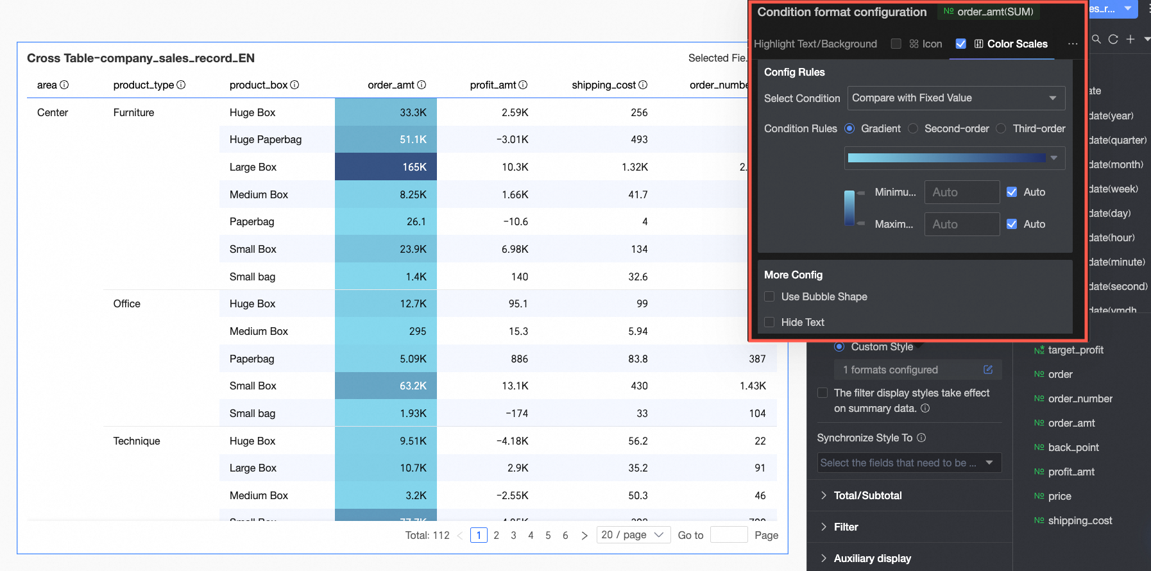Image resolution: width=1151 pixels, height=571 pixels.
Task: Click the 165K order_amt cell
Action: point(386,167)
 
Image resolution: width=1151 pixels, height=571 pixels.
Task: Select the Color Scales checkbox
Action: point(960,44)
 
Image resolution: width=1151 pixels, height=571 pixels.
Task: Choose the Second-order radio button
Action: point(913,128)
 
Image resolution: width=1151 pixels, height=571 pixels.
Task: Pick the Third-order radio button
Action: point(1001,128)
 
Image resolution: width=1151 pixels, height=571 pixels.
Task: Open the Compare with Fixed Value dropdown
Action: point(955,98)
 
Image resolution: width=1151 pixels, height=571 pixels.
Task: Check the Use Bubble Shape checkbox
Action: point(769,296)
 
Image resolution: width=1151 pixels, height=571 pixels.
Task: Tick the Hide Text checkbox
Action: point(769,322)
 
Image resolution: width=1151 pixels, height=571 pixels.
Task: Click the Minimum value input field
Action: point(961,192)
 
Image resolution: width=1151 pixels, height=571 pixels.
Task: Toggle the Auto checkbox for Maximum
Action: point(1012,224)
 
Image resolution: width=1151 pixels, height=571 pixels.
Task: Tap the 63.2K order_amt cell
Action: point(386,386)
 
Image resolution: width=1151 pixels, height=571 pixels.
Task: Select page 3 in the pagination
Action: point(513,535)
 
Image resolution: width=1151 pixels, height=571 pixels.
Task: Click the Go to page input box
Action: point(729,535)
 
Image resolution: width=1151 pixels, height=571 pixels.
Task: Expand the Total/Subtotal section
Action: point(867,495)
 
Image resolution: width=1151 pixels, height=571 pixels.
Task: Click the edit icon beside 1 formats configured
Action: point(988,370)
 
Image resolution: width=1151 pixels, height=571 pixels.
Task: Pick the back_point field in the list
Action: point(1073,447)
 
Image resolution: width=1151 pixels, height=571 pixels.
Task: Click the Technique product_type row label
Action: point(137,441)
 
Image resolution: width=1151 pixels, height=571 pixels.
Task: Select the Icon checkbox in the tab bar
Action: point(896,44)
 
